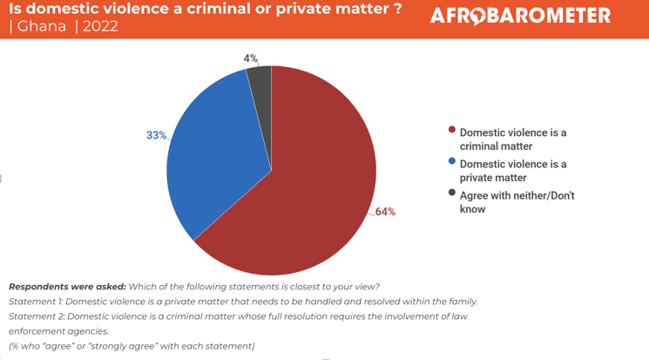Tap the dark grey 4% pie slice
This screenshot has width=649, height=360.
point(260,80)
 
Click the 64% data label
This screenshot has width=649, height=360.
point(385,212)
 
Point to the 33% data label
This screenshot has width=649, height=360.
point(156,135)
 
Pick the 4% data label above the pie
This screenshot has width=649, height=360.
point(250,58)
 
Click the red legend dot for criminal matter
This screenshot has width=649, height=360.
point(452,130)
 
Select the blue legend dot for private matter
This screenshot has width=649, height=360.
point(452,161)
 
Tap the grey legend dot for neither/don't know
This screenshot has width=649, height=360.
point(452,193)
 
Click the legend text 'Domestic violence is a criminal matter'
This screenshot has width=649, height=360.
point(512,139)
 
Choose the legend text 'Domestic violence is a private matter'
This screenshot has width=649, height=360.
point(512,171)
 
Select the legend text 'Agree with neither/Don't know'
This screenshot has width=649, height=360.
point(517,202)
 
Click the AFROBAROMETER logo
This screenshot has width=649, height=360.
point(520,16)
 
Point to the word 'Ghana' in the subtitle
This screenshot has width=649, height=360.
point(42,26)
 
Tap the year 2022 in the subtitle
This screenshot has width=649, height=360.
point(100,26)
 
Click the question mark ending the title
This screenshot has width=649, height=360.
point(396,9)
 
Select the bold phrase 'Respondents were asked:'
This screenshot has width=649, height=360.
point(67,287)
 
